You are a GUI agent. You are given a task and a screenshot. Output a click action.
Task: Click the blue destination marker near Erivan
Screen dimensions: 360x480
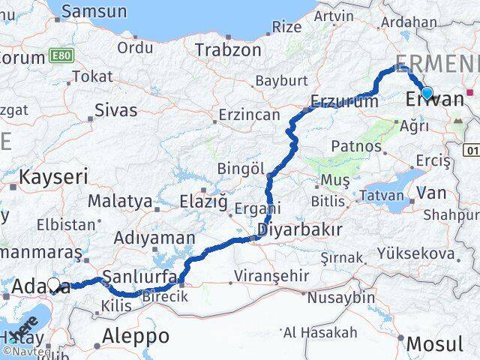pyautogui.click(x=427, y=93)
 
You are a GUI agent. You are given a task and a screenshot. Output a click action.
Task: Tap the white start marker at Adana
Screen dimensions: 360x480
pyautogui.click(x=54, y=284)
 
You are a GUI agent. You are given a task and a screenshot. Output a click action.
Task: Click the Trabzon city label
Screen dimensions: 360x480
pyautogui.click(x=228, y=50)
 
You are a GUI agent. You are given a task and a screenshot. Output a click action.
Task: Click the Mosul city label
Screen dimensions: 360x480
pyautogui.click(x=434, y=344)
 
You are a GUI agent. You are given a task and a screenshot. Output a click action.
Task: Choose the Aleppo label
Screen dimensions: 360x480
pyautogui.click(x=136, y=334)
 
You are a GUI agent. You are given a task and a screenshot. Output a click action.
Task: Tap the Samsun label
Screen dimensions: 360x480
pyautogui.click(x=94, y=11)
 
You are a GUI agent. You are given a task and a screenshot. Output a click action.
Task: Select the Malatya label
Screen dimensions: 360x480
pyautogui.click(x=119, y=201)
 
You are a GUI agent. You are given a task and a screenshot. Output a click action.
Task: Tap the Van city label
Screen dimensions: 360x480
pyautogui.click(x=430, y=193)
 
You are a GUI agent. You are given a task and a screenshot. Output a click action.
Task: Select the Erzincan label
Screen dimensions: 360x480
pyautogui.click(x=248, y=116)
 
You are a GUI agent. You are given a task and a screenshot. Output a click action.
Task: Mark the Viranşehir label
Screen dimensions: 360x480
pyautogui.click(x=271, y=276)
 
